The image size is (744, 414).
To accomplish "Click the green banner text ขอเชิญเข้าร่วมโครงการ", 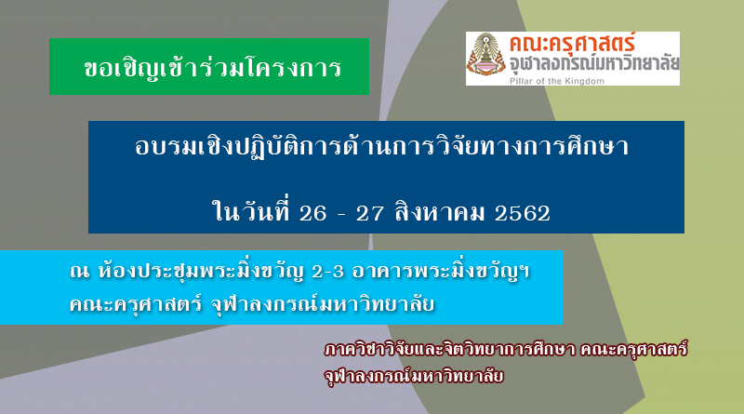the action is tap(213, 68).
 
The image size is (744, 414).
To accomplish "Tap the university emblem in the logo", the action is tap(485, 56).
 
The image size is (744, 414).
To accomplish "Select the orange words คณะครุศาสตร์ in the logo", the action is tap(572, 44).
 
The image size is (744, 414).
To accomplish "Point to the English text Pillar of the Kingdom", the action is tap(556, 81).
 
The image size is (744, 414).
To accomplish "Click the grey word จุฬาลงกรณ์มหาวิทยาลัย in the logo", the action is tap(594, 64).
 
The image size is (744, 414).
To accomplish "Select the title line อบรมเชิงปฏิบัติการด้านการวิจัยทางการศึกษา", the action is tap(382, 145).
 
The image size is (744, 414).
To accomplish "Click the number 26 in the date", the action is tap(312, 213).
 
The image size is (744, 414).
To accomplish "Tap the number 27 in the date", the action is tap(369, 213).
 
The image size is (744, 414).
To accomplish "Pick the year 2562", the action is tap(523, 213).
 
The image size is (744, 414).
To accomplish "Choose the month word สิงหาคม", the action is tap(440, 212).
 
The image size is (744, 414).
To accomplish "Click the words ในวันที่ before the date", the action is tap(251, 211).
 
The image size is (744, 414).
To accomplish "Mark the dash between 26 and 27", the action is tap(341, 215).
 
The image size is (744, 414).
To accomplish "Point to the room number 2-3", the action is tap(328, 272).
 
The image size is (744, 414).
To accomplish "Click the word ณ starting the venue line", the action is tap(79, 272).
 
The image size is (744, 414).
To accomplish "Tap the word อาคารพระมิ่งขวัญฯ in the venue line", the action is tap(441, 271).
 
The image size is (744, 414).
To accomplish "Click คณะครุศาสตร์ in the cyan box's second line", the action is tap(136, 304).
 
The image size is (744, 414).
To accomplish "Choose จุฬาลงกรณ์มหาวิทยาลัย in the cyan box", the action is tap(323, 304).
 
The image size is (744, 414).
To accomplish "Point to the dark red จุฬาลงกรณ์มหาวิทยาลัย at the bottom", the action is tap(414, 376).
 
